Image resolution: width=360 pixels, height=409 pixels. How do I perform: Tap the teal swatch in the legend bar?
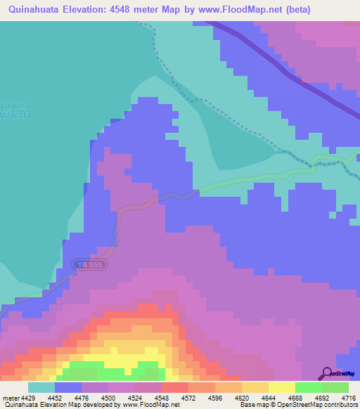click(41, 387)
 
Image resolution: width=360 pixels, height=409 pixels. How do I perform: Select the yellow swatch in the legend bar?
click(281, 387)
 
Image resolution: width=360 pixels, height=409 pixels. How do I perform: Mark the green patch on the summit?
click(105, 368)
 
